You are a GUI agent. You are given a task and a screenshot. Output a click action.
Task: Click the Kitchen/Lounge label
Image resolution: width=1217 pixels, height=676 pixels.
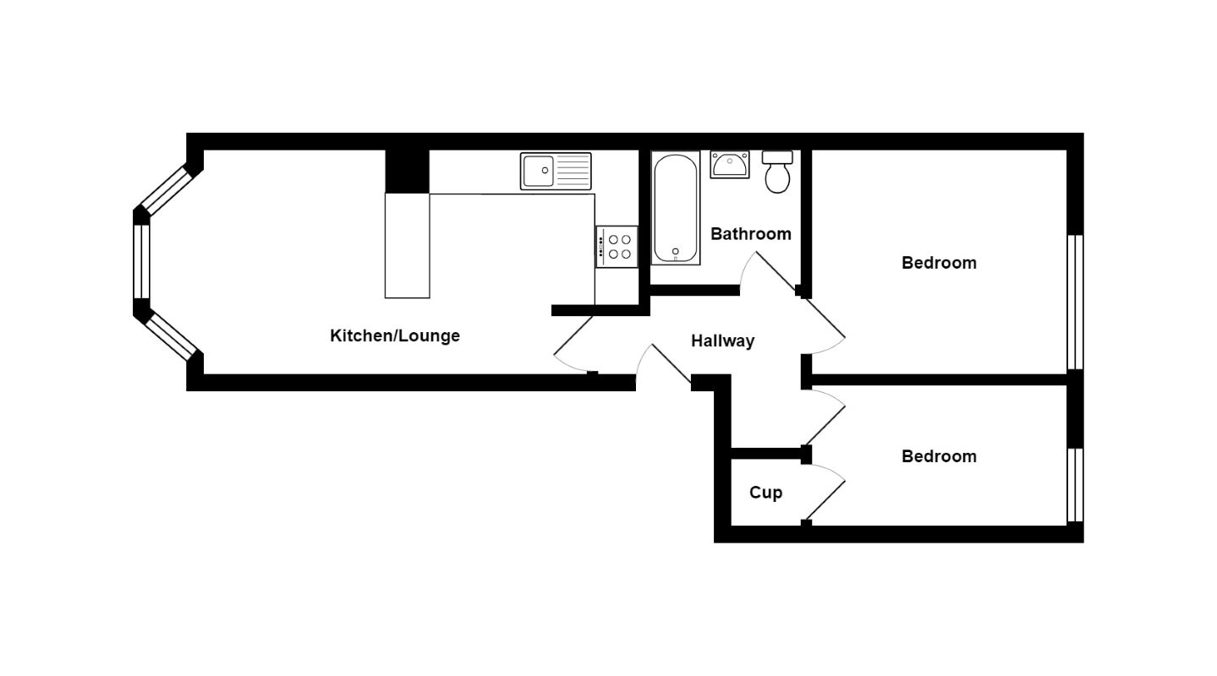[394, 335]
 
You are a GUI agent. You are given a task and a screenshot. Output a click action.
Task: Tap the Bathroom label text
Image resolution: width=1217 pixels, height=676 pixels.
[750, 234]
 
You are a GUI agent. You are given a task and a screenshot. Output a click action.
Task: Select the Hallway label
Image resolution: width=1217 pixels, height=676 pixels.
[722, 341]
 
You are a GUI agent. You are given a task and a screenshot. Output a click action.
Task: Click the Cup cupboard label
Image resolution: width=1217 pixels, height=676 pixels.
[765, 493]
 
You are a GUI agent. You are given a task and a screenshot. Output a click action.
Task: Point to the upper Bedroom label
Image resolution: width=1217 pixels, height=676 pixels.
[939, 263]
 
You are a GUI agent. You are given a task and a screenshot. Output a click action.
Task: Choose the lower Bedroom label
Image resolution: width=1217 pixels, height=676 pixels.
[939, 456]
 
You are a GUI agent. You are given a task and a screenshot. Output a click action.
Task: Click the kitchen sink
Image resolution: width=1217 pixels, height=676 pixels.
[556, 171]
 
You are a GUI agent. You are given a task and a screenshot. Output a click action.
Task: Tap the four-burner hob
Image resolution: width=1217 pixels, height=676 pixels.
[617, 246]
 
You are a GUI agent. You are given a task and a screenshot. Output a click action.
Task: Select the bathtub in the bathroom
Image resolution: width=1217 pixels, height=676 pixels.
[676, 208]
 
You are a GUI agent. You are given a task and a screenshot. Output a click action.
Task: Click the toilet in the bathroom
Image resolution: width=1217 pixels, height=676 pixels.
[777, 172]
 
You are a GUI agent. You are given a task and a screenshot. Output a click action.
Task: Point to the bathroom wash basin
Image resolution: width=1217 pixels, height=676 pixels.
[729, 164]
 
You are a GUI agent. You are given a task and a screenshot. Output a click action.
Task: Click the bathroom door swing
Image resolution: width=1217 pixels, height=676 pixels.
[765, 270]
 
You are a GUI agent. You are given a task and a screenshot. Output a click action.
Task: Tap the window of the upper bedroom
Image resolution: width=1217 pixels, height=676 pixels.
[1075, 303]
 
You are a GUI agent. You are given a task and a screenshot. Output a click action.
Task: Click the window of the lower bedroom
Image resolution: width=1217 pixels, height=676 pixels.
[1075, 485]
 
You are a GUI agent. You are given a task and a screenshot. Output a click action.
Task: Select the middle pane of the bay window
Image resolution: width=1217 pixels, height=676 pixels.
[141, 261]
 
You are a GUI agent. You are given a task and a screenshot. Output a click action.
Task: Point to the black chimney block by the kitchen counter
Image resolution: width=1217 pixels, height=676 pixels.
[407, 172]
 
